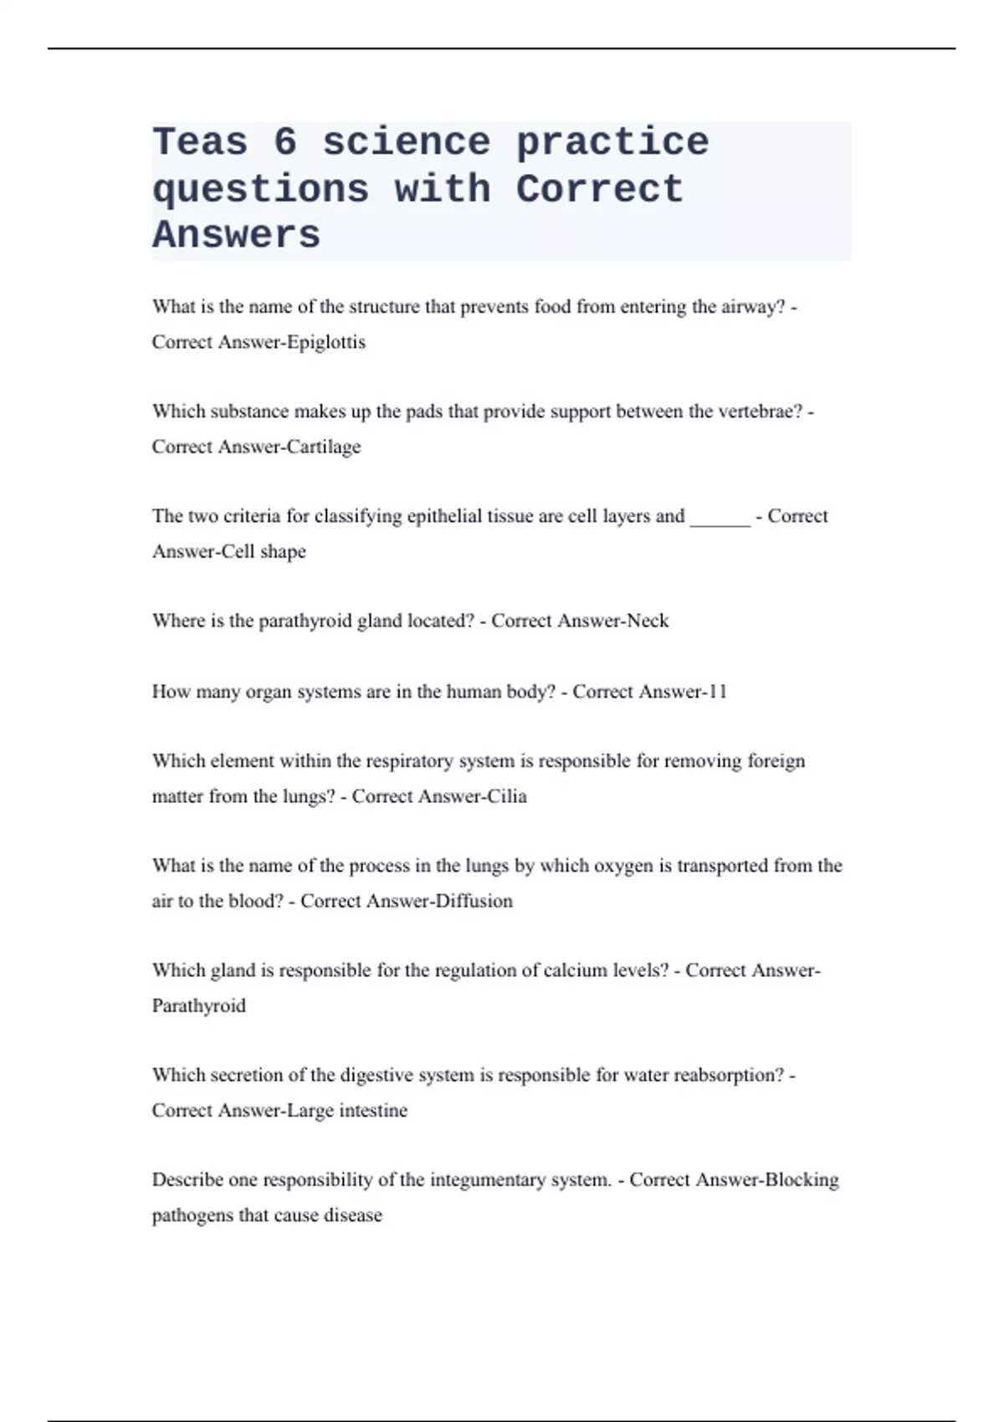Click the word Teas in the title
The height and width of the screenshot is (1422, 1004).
[x=200, y=142]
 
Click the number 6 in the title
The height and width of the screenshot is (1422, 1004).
[x=284, y=142]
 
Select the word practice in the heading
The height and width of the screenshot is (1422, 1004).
[x=612, y=142]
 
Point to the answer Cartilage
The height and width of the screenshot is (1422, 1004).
[x=324, y=447]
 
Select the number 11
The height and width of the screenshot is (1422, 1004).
[x=716, y=692]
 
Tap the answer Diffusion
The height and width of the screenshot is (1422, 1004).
[x=471, y=901]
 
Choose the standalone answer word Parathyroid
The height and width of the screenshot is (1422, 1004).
[x=199, y=1005]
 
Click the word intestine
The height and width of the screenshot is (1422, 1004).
[x=373, y=1110]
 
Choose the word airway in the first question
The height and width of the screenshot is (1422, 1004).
[x=758, y=307]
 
